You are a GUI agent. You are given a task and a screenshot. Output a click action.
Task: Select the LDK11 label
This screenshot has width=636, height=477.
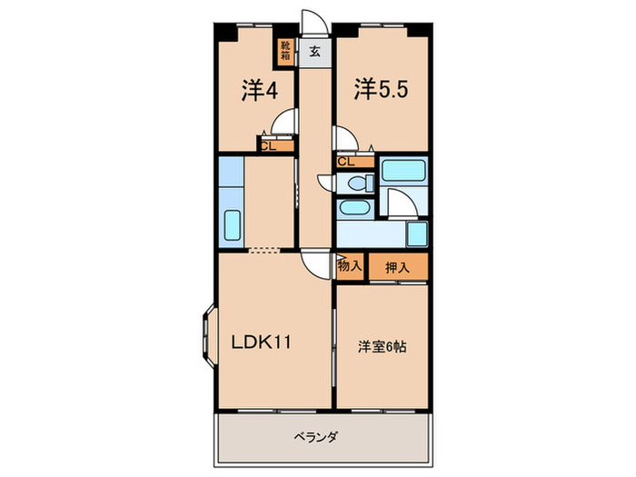click(x=259, y=343)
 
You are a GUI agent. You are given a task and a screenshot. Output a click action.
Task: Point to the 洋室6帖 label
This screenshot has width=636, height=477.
click(x=381, y=346)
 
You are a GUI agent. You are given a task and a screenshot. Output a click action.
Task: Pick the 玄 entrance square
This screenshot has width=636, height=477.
click(x=314, y=52)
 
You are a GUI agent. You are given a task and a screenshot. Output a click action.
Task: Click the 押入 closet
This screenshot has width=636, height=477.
click(x=397, y=267)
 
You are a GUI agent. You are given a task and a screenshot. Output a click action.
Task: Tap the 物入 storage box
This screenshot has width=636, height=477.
click(x=350, y=267)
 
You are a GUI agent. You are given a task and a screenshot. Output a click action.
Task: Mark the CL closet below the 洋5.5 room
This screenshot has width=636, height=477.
click(x=346, y=163)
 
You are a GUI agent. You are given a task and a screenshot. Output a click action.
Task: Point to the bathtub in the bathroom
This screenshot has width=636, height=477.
click(x=402, y=171)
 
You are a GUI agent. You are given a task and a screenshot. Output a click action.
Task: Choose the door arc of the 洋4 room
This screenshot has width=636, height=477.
click(x=288, y=122)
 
